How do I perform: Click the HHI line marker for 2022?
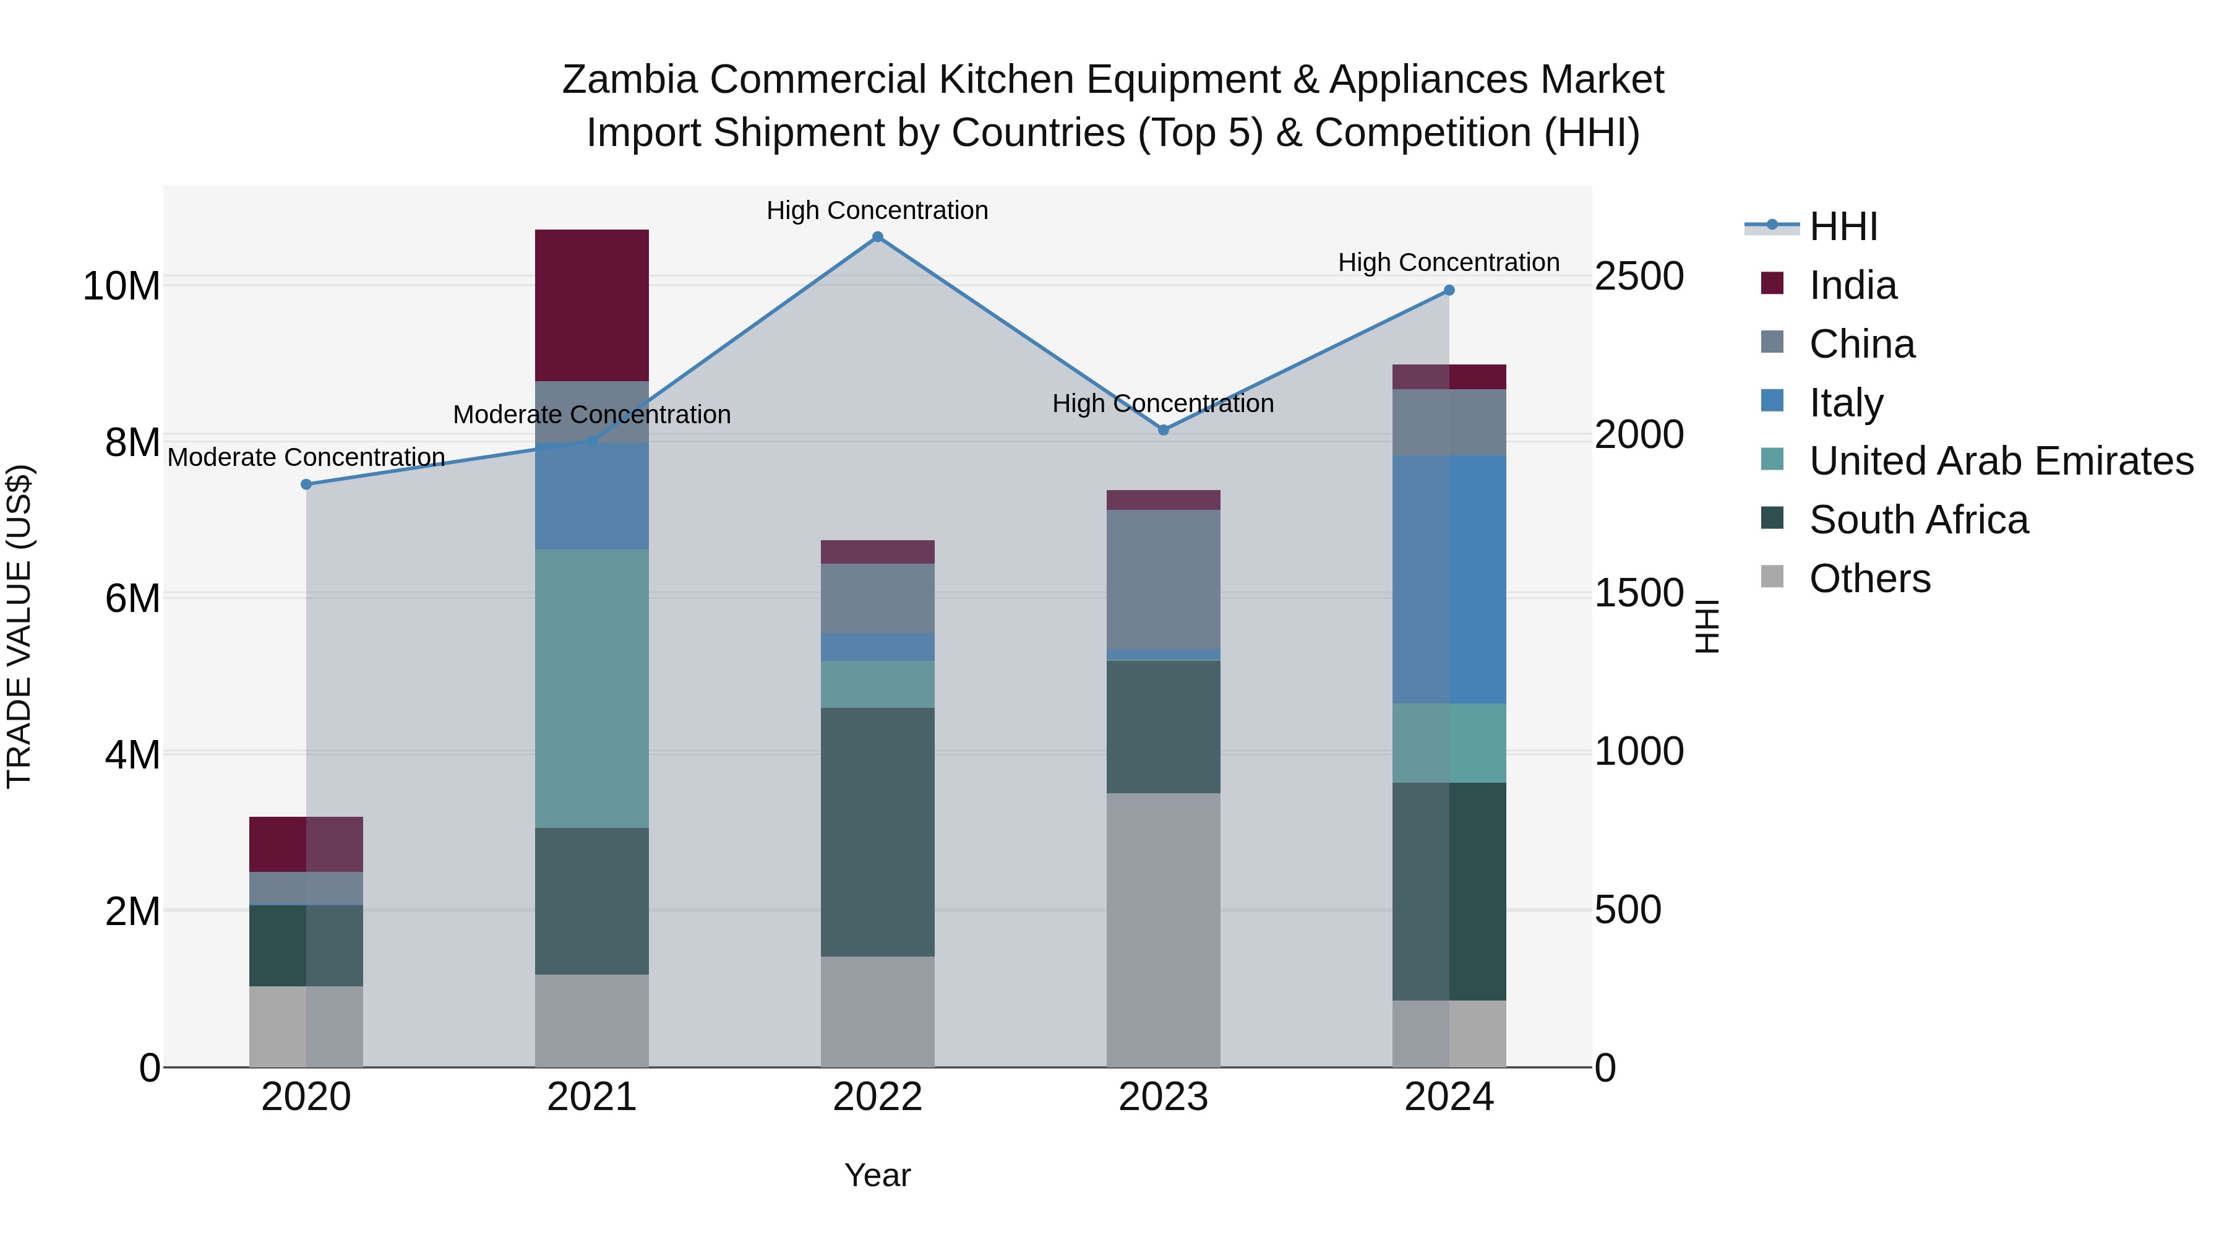point(877,237)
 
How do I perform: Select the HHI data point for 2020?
point(306,484)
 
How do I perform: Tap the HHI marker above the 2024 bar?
point(1449,291)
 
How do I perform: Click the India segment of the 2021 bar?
point(591,304)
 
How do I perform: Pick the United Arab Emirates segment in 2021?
point(591,688)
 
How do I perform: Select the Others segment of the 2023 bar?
point(1163,929)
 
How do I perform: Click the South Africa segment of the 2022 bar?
point(877,832)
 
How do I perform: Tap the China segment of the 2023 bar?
point(1163,579)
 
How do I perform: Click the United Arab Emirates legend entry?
point(2001,461)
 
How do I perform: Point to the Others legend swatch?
point(1772,578)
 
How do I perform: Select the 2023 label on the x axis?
point(1163,1097)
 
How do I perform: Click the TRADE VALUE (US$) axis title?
point(19,626)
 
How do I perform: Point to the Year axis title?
point(877,1175)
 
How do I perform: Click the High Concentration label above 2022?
point(877,210)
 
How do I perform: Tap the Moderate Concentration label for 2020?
point(306,457)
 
